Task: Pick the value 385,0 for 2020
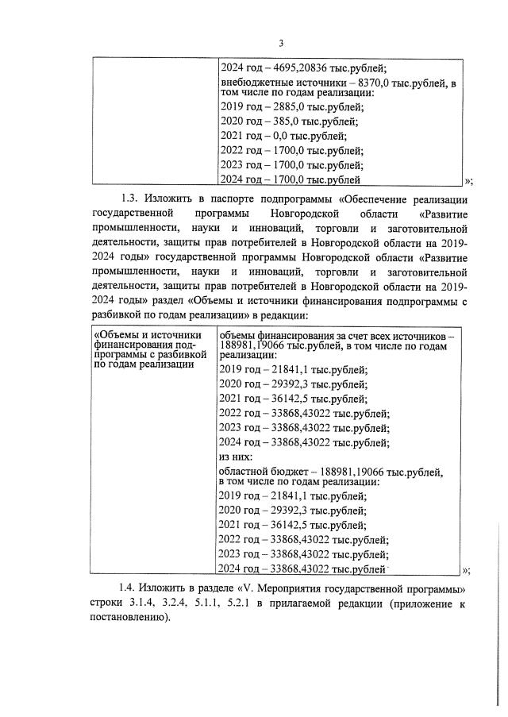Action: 279,122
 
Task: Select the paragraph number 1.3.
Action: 129,199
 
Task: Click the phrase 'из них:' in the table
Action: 235,457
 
